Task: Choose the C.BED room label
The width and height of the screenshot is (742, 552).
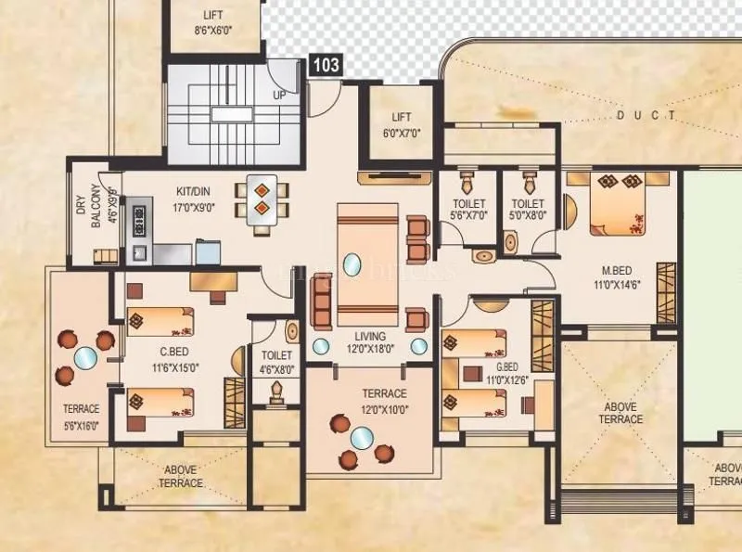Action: coord(173,359)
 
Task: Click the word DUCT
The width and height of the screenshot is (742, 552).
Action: coord(646,116)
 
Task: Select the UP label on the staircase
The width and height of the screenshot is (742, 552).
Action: coord(278,95)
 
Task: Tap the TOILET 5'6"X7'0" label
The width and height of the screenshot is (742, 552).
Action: coord(468,210)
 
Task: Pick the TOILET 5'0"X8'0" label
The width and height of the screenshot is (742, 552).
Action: coord(528,210)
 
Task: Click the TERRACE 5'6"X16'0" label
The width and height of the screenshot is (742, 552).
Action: coord(81,415)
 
